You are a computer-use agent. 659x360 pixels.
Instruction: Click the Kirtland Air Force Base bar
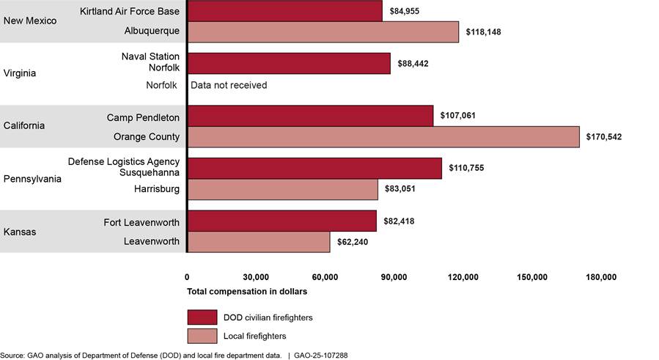(285, 10)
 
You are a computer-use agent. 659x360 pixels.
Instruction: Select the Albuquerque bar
(323, 32)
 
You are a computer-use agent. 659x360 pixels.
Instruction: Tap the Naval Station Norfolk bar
(289, 63)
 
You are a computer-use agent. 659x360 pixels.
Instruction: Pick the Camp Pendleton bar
(310, 116)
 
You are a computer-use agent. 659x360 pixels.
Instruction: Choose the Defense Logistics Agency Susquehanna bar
(314, 168)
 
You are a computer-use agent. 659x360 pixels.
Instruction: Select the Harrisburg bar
(283, 189)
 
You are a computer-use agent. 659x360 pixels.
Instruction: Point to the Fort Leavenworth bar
(282, 221)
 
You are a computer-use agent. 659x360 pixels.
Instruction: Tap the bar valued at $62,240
(259, 241)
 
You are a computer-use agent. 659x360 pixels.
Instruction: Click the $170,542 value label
(603, 137)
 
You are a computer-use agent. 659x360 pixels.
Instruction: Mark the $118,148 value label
(482, 32)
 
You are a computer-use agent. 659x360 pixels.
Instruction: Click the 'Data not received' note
(229, 85)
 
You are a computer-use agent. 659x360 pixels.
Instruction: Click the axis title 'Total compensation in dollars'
(246, 291)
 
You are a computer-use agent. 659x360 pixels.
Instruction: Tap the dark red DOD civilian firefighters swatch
(202, 317)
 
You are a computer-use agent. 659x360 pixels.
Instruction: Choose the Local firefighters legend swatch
(202, 336)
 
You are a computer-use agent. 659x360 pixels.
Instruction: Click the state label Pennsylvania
(32, 178)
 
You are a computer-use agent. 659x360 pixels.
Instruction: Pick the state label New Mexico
(30, 21)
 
